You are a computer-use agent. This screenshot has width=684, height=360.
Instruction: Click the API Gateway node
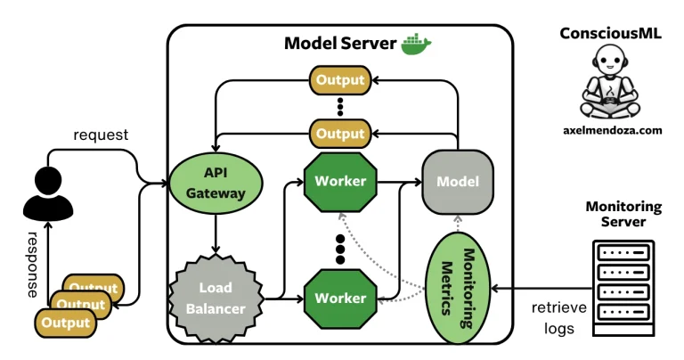tap(215, 182)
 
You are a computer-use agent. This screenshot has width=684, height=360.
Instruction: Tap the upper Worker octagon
tap(339, 181)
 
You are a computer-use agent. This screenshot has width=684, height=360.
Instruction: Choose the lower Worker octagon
tap(339, 297)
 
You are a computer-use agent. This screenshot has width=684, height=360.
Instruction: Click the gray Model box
tap(457, 182)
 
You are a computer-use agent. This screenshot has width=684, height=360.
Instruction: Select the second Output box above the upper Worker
tap(339, 134)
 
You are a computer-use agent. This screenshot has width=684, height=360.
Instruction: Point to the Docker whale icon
tap(416, 45)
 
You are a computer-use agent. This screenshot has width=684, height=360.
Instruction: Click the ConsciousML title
tap(611, 33)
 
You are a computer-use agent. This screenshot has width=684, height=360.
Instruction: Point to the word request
tap(101, 135)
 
